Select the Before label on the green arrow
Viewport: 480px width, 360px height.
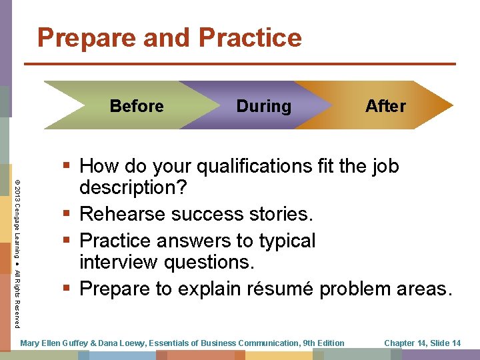point(137,106)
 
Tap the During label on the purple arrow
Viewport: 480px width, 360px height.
point(263,106)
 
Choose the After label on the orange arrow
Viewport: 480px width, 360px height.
point(385,106)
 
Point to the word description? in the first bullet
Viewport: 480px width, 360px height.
point(133,188)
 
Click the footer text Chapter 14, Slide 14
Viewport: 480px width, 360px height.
point(422,343)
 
